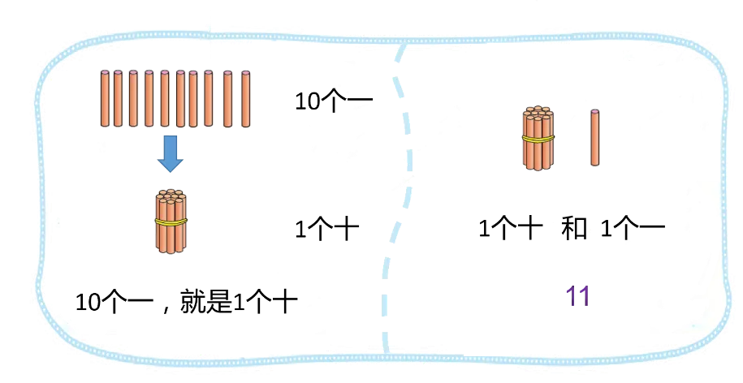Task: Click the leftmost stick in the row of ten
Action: pos(104,98)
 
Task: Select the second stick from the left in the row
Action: pos(119,98)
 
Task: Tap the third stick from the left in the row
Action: pos(133,98)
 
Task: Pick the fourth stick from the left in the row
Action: pos(149,98)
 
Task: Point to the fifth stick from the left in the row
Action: pos(165,98)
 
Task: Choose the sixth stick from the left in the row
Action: pos(180,98)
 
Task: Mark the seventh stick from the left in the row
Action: pos(193,98)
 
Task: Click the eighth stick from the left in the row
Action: pos(209,98)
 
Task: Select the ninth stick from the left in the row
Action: pos(227,98)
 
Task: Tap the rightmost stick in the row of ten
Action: pos(246,98)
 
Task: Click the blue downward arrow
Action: pos(170,153)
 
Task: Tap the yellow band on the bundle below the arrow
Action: pos(171,222)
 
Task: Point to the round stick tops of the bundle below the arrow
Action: pos(171,196)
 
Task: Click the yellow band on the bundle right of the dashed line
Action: pos(537,140)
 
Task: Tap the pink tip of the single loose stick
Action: pos(595,110)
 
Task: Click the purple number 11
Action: pos(578,299)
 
